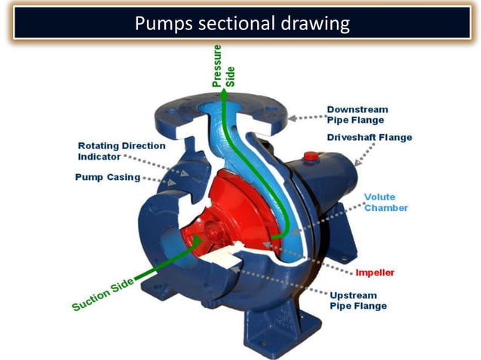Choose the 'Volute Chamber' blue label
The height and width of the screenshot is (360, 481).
(x=386, y=202)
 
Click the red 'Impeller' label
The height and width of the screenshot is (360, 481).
(x=375, y=271)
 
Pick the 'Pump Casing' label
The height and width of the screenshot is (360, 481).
(x=108, y=178)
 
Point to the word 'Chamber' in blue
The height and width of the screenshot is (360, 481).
(x=386, y=207)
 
